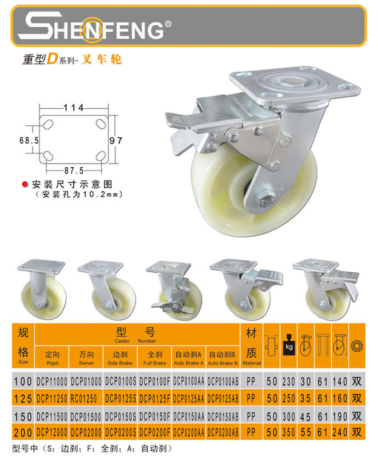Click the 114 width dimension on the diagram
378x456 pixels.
tap(74, 108)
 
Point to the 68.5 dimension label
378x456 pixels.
tap(29, 141)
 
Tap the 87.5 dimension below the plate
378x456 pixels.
tap(74, 171)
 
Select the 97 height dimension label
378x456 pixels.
tap(116, 141)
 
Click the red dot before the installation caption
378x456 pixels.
tap(25, 184)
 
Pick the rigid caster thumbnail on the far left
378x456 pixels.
tap(42, 289)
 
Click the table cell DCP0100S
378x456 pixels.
tap(121, 382)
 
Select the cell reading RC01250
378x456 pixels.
tap(83, 399)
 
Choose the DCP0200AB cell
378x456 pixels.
tap(223, 432)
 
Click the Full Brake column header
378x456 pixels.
tap(154, 358)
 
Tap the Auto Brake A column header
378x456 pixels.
tap(188, 358)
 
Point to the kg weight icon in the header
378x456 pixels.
tap(289, 345)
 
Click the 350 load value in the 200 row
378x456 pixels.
tap(289, 432)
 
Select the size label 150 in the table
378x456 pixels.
tap(23, 417)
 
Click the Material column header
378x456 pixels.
tap(252, 346)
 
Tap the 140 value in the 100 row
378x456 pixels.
tap(340, 382)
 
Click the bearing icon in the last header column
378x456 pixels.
tap(357, 346)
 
